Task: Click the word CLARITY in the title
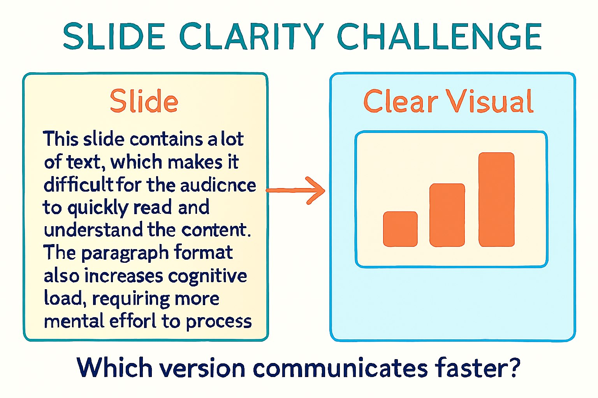251,37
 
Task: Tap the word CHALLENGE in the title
439,37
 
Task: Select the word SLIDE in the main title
114,37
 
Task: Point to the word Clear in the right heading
401,101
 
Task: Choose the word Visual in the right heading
489,101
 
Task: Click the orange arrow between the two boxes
296,190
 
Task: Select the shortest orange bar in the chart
400,229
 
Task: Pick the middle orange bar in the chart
447,215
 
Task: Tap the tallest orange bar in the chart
496,199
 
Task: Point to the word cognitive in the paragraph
208,276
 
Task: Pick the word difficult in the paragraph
78,185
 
